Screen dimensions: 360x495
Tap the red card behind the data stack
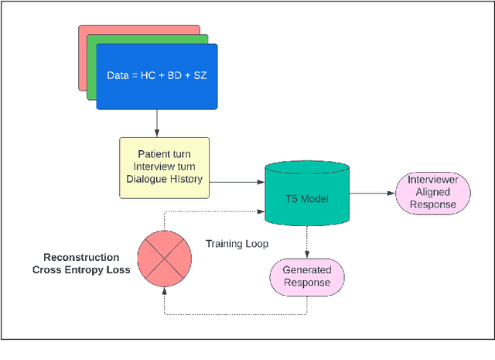click(81, 62)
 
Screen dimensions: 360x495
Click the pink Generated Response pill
click(307, 276)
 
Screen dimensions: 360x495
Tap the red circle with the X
click(163, 259)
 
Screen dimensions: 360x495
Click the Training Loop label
click(237, 244)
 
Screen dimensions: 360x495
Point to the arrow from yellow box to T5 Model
click(237, 183)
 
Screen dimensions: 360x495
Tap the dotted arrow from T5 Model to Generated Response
click(307, 242)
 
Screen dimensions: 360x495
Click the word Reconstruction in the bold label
click(81, 257)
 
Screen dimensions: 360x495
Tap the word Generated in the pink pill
click(307, 269)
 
